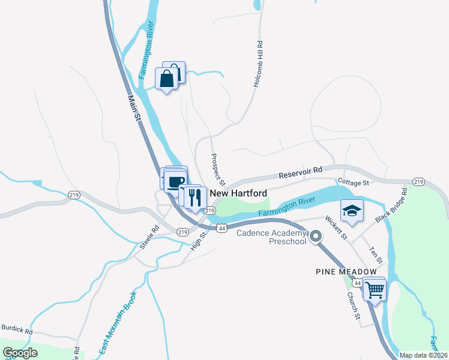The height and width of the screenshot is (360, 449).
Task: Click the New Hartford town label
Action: pyautogui.click(x=238, y=194)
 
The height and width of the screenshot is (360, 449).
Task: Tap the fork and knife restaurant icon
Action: pyautogui.click(x=194, y=197)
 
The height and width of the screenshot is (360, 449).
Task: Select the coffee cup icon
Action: pyautogui.click(x=175, y=181)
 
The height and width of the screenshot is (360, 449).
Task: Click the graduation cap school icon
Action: pyautogui.click(x=352, y=211)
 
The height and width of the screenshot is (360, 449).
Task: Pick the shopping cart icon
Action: pyautogui.click(x=375, y=290)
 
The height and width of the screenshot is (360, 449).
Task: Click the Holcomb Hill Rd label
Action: pyautogui.click(x=259, y=65)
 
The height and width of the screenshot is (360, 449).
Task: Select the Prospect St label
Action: pyautogui.click(x=217, y=169)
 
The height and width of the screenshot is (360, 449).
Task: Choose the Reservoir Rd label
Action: pyautogui.click(x=301, y=173)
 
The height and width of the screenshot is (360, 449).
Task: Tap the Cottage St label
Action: pyautogui.click(x=353, y=182)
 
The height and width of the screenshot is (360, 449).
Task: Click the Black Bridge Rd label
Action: pyautogui.click(x=391, y=206)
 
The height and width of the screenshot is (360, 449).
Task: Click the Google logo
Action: pyautogui.click(x=20, y=353)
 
